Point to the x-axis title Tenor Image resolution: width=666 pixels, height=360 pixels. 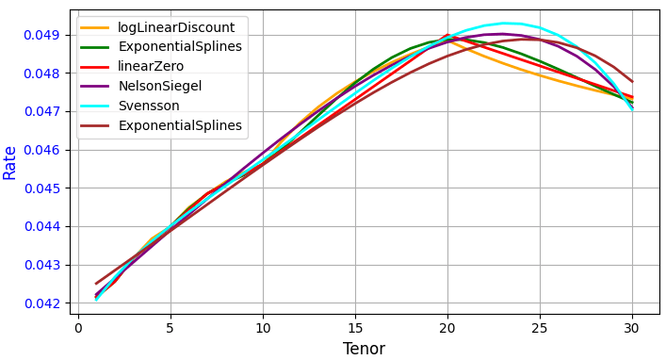pyautogui.click(x=364, y=349)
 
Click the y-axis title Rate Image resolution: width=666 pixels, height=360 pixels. pyautogui.click(x=10, y=162)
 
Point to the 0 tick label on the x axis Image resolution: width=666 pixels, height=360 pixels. pyautogui.click(x=78, y=328)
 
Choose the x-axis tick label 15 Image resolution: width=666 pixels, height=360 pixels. pyautogui.click(x=355, y=328)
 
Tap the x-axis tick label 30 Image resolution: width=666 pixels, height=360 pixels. pyautogui.click(x=632, y=328)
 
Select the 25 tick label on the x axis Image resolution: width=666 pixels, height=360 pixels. pyautogui.click(x=540, y=328)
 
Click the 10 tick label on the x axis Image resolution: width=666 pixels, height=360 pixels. pyautogui.click(x=263, y=328)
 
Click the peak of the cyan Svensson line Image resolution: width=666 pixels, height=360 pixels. pyautogui.click(x=503, y=23)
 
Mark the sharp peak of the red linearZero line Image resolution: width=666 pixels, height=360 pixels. pyautogui.click(x=447, y=35)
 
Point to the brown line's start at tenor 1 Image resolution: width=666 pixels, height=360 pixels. pyautogui.click(x=96, y=283)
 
